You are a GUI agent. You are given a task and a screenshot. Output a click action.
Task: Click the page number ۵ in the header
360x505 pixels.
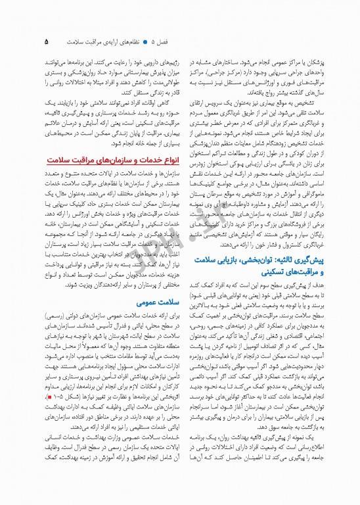(x=47, y=41)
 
